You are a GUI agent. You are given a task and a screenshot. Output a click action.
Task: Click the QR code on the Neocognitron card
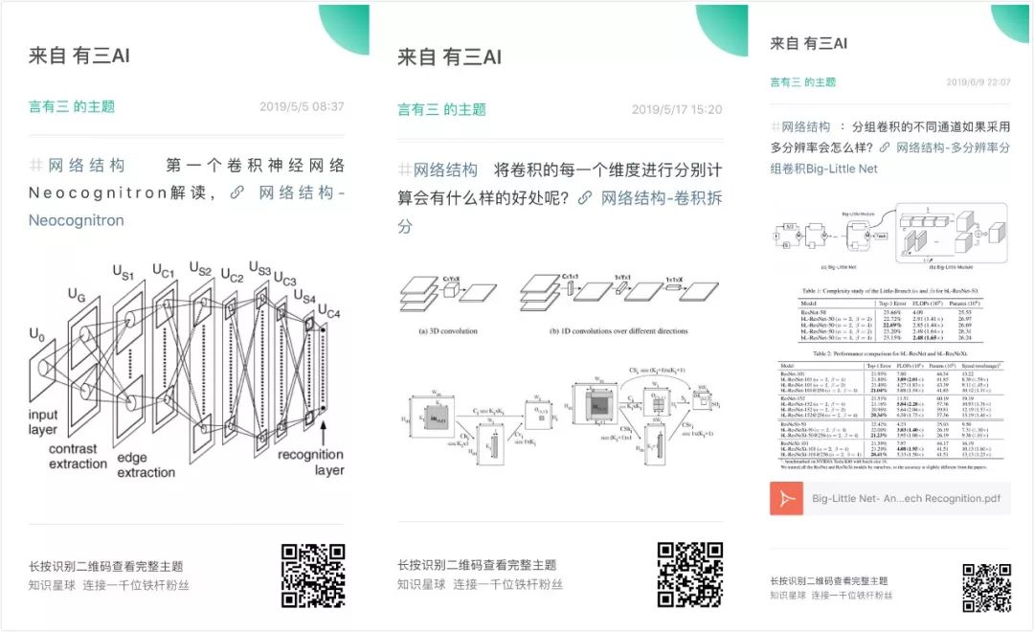pyautogui.click(x=313, y=576)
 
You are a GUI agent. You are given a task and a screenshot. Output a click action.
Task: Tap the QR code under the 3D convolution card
pyautogui.click(x=689, y=575)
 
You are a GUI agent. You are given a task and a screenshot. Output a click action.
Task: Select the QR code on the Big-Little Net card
pyautogui.click(x=986, y=587)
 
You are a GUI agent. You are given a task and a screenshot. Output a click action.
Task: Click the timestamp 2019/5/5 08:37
pyautogui.click(x=302, y=107)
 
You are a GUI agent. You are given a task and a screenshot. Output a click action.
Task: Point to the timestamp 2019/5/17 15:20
pyautogui.click(x=676, y=110)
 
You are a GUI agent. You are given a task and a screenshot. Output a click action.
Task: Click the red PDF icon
pyautogui.click(x=786, y=498)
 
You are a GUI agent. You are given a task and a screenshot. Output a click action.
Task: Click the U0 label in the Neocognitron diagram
pyautogui.click(x=36, y=336)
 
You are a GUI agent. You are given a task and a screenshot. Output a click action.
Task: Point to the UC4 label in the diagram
pyautogui.click(x=328, y=312)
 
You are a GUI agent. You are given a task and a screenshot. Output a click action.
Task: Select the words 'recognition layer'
pyautogui.click(x=310, y=463)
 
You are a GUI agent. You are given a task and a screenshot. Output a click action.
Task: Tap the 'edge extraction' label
pyautogui.click(x=146, y=465)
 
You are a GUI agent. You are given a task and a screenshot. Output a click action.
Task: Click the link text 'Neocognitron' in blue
pyautogui.click(x=77, y=220)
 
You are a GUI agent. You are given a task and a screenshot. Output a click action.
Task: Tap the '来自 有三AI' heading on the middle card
pyautogui.click(x=449, y=57)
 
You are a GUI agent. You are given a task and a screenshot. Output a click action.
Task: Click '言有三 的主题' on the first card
pyautogui.click(x=72, y=107)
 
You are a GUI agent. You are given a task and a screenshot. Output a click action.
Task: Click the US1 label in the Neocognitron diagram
pyautogui.click(x=123, y=275)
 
